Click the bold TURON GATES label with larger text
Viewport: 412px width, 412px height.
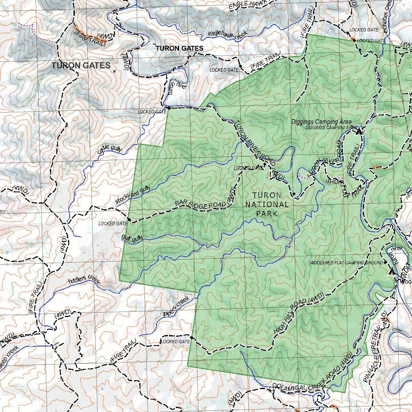point(81,66)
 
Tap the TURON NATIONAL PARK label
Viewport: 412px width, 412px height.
point(267,204)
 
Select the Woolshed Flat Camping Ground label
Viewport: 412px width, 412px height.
point(346,263)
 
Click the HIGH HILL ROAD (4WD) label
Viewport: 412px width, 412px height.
point(299,313)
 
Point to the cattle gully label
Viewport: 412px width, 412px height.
point(109,150)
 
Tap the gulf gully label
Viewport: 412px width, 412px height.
point(132,238)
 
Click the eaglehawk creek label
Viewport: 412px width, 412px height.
point(228,35)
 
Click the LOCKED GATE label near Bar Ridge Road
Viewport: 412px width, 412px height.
point(113,223)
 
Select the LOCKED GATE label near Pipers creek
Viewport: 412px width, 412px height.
point(175,342)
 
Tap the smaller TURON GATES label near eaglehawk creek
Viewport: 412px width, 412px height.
point(179,48)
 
